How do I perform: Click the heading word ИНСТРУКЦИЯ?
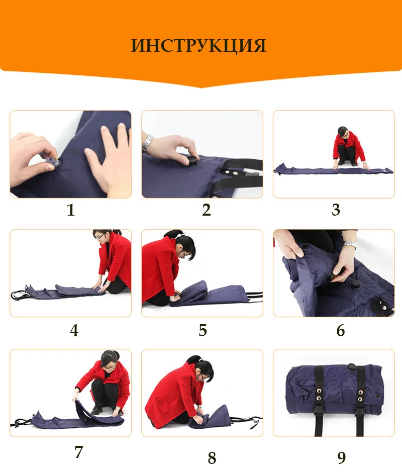coord(198,46)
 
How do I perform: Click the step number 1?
coord(71,210)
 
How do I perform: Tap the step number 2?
coord(207,210)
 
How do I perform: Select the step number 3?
coord(336,210)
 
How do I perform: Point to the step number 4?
coord(74,331)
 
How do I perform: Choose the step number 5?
coord(203,331)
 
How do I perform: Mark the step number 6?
coord(341,331)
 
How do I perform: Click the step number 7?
coord(79,452)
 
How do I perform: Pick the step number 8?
coord(212,458)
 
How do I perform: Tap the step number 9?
coord(342,458)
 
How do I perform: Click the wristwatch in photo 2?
coord(147,142)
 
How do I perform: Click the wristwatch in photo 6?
coord(350,245)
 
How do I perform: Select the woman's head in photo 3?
coord(343,132)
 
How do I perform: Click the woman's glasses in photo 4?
coord(100,237)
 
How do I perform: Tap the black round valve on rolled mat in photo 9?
coord(352,366)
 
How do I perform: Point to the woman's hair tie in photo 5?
coord(181,235)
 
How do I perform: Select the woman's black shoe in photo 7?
coord(97,409)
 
